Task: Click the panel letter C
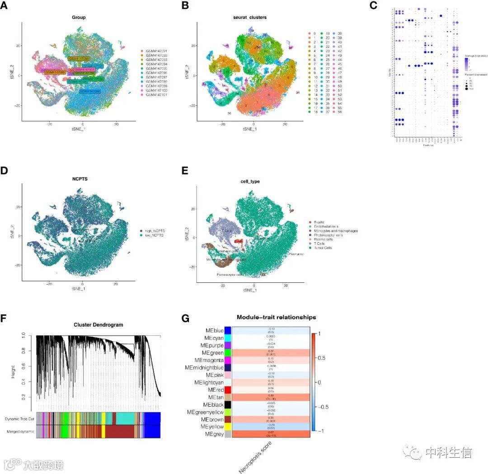click(373, 5)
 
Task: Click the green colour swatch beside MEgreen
click(228, 352)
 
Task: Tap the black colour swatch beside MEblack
click(228, 404)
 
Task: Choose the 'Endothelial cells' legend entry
click(326, 226)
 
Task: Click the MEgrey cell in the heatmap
click(271, 434)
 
